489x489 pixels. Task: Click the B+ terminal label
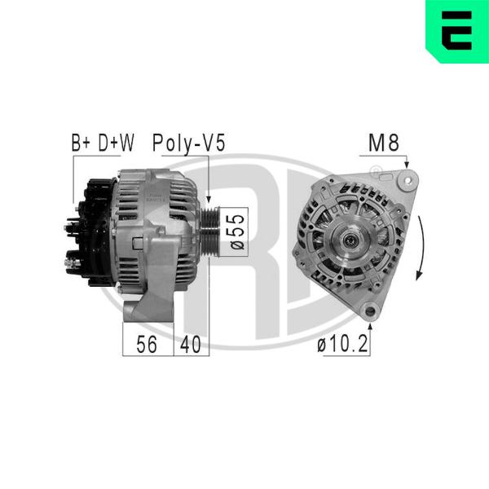(81, 143)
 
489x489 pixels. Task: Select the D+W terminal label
(116, 143)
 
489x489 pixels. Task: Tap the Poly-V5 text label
(189, 143)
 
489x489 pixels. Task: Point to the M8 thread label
(384, 143)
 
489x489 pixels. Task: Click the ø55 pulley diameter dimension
(238, 231)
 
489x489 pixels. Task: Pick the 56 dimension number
(147, 344)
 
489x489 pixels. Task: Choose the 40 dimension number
(191, 344)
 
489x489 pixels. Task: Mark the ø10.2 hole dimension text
(343, 344)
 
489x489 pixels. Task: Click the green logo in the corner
(457, 32)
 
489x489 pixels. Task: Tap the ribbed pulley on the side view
(210, 231)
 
